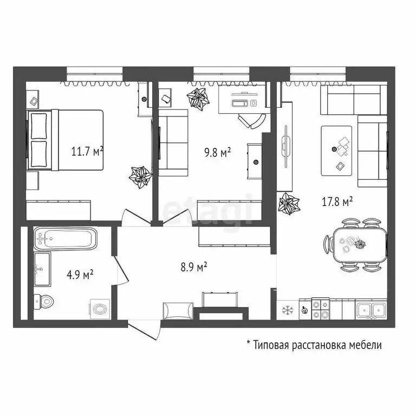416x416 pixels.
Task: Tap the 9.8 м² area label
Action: pos(217,152)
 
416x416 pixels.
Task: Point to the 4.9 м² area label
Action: pos(80,274)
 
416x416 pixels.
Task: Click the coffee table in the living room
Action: pos(336,151)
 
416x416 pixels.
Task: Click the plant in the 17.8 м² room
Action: pos(289,204)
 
